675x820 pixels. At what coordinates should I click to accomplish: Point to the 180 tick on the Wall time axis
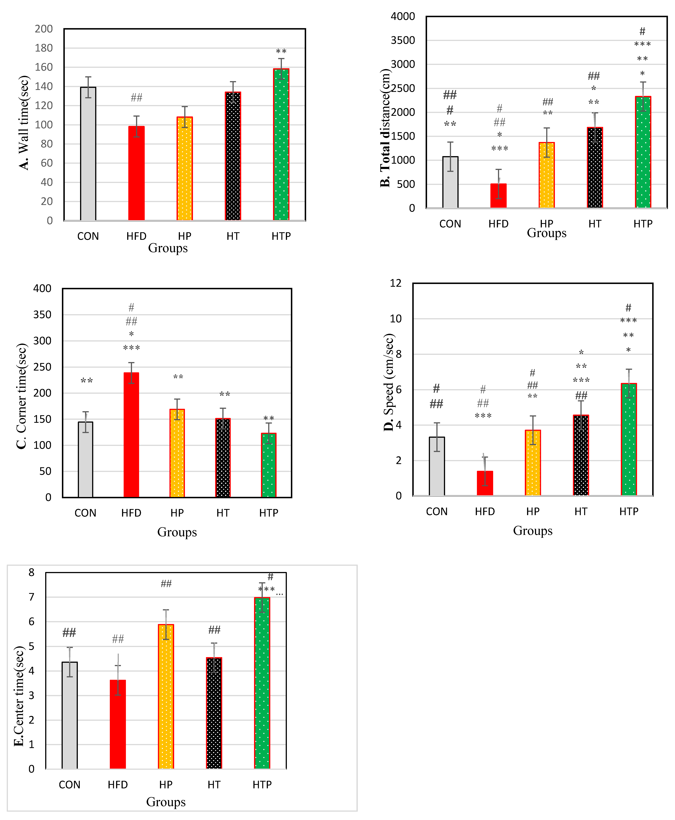pos(44,48)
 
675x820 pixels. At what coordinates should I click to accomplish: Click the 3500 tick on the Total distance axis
pos(403,40)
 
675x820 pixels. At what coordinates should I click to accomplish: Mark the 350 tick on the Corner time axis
pos(42,315)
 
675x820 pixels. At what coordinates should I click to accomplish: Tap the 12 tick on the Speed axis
pos(396,283)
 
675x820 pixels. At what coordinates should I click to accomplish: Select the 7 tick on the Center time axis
pos(32,597)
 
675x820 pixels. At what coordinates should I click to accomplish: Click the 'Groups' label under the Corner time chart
pos(177,532)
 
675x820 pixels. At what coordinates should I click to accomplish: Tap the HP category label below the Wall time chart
pos(185,236)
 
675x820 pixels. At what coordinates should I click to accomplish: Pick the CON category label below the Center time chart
pos(70,785)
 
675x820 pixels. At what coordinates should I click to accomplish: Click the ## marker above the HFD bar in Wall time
pos(137,98)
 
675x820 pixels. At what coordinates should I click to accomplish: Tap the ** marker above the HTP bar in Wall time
pos(281,52)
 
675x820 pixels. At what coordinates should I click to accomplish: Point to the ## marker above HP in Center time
pos(166,583)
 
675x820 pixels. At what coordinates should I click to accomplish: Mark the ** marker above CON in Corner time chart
pos(87,381)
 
